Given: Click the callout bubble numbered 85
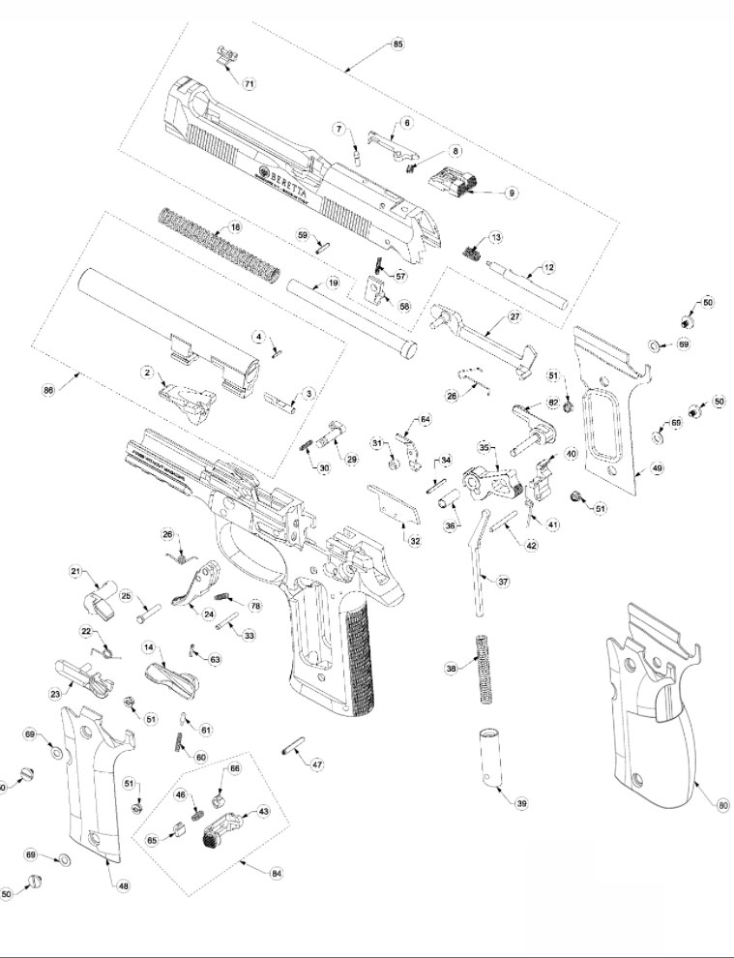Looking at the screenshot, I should (398, 45).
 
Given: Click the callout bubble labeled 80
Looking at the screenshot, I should (722, 804).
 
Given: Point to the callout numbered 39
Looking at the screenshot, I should (521, 804).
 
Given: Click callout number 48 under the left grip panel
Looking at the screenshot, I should (123, 885).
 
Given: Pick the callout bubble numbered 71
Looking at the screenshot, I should (249, 84).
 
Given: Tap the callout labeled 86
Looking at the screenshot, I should (48, 389).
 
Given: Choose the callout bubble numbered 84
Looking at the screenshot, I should (277, 873).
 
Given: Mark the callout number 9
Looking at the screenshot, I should (512, 193).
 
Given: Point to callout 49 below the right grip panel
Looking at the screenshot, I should (657, 467).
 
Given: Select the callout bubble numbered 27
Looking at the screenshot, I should (514, 316).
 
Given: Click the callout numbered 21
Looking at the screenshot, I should (75, 572).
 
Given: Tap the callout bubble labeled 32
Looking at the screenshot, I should (415, 540).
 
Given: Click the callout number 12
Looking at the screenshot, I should (548, 267).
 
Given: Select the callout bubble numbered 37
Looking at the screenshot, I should (503, 582).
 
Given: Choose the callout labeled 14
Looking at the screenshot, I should (149, 647).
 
